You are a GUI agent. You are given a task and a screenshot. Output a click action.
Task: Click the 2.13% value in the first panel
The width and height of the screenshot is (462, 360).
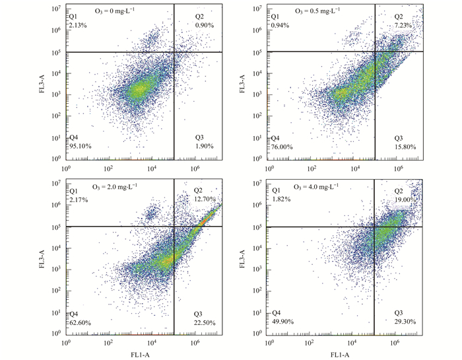point(78,26)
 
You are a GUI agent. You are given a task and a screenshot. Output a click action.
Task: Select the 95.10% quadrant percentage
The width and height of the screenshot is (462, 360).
point(81,147)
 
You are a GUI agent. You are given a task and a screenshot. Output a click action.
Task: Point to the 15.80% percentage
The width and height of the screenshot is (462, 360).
point(405,147)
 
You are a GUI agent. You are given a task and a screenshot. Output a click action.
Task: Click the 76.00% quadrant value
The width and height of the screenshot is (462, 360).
point(281,147)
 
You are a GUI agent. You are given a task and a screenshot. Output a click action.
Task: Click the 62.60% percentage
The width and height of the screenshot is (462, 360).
point(81,322)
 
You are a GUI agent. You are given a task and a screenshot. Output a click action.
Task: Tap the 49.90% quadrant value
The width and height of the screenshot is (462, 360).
point(281,322)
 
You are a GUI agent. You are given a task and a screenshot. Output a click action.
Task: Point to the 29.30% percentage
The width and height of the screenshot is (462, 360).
point(405,322)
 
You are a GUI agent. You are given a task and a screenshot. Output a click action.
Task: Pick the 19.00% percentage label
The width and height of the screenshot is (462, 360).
point(405,199)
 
